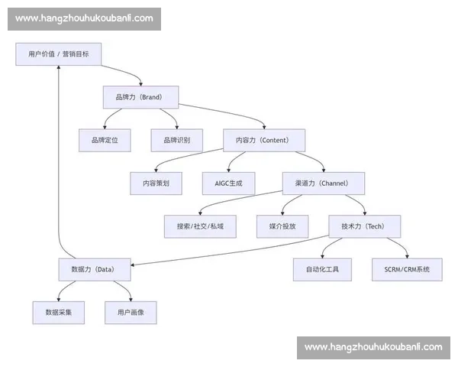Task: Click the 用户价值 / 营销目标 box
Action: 58,54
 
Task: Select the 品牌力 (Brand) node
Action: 140,97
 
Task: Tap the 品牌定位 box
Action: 105,140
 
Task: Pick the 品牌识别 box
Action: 176,140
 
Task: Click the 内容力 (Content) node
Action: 264,140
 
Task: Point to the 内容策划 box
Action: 156,183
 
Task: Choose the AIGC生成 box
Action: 228,183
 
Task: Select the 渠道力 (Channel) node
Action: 324,183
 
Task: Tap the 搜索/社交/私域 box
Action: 200,226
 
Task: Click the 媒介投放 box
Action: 282,226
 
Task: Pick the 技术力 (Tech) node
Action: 364,226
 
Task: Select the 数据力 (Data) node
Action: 95,269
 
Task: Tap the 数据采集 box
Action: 58,313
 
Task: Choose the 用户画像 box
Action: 131,313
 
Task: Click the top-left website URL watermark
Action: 85,18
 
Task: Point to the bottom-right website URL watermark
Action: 373,347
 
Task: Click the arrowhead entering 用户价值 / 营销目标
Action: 58,70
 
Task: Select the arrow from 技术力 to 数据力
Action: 229,252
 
